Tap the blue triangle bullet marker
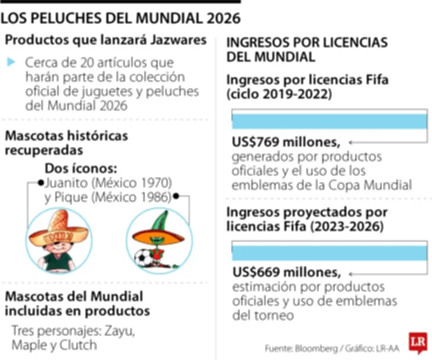[11, 62]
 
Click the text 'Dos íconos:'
[81, 167]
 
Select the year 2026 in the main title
[221, 18]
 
